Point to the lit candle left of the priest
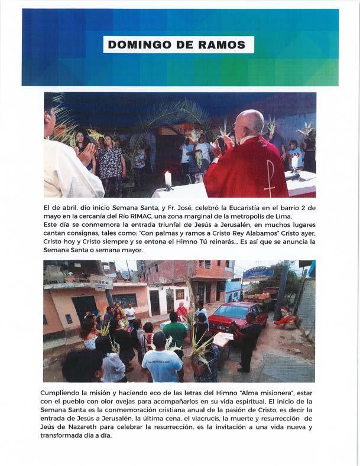click(167, 178)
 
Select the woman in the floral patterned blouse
click(111, 162)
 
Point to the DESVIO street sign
click(102, 283)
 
